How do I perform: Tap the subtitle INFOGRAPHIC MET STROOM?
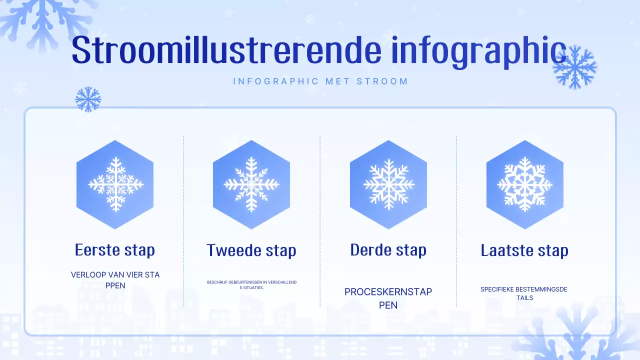click(320, 81)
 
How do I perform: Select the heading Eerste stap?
click(115, 249)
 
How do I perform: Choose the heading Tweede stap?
click(251, 250)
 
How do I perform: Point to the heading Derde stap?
click(388, 249)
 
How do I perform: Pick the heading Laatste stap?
click(524, 250)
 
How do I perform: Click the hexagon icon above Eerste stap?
click(115, 184)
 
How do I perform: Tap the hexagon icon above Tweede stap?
click(251, 184)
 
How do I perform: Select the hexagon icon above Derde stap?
click(388, 184)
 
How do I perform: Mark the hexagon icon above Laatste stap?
click(525, 184)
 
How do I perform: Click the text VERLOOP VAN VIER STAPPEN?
click(115, 280)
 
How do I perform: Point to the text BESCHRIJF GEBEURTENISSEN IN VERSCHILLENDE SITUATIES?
click(251, 285)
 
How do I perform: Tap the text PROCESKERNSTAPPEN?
click(388, 298)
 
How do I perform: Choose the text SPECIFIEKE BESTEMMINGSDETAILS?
click(524, 293)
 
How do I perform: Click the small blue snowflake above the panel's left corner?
click(88, 99)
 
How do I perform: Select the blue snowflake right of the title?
click(575, 67)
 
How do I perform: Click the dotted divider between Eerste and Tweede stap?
click(183, 220)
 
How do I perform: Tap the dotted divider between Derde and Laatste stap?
click(456, 220)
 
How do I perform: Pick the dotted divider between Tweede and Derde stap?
click(320, 220)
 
